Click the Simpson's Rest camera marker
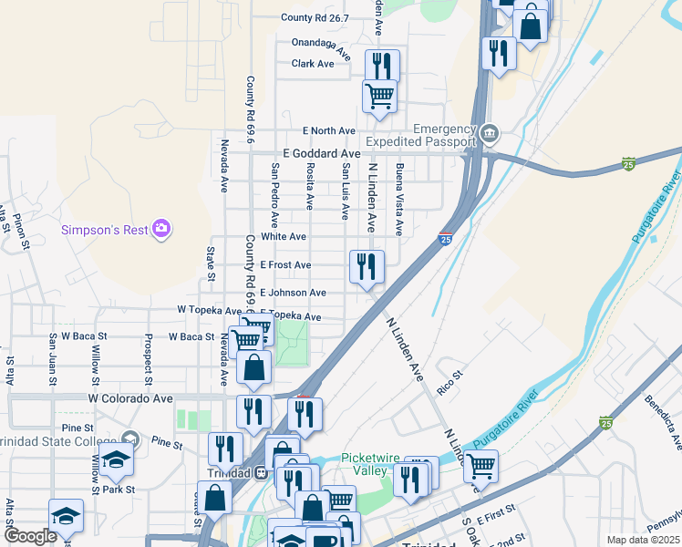[x=161, y=228]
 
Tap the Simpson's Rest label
[x=104, y=230]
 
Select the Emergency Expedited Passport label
[x=421, y=136]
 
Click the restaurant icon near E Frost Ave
[x=367, y=266]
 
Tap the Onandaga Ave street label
[x=321, y=46]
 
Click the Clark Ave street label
[x=313, y=64]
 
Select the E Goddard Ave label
[x=322, y=154]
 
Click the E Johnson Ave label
[x=293, y=293]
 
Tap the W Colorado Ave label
[x=130, y=398]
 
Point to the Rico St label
[x=450, y=374]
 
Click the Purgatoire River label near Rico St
[x=522, y=424]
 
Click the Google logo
[x=30, y=536]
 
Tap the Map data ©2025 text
[x=642, y=540]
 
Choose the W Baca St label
[x=191, y=336]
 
